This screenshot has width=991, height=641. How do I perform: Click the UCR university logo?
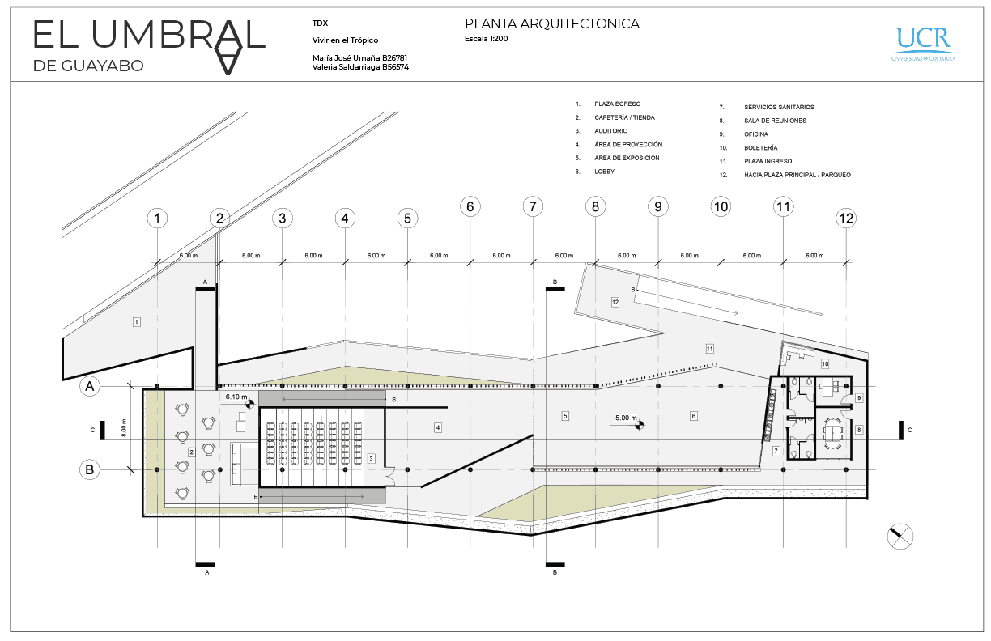(923, 43)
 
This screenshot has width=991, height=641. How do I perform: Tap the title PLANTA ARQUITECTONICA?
(552, 24)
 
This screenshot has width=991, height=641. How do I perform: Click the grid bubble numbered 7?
(532, 206)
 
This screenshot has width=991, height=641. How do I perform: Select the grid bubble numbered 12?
(846, 218)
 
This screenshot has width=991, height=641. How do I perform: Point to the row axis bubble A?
(91, 388)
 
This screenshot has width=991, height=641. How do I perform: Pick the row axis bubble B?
(91, 469)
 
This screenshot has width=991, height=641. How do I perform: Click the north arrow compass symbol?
(900, 536)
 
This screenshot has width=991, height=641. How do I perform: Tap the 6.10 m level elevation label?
(236, 397)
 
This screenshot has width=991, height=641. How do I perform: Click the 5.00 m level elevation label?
(627, 418)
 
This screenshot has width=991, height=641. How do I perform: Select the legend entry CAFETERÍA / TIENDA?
(624, 117)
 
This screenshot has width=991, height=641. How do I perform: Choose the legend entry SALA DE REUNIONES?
(775, 121)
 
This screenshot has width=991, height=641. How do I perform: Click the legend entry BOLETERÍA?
(760, 148)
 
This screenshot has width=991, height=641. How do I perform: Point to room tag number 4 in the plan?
(437, 427)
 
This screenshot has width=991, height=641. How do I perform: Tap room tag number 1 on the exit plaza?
(136, 322)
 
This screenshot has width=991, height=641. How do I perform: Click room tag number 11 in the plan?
(709, 349)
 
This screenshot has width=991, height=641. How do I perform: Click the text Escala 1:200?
(487, 39)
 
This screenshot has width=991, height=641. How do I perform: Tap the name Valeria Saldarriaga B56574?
(360, 68)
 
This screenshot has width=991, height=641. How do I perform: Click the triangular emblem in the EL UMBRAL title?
(232, 49)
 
